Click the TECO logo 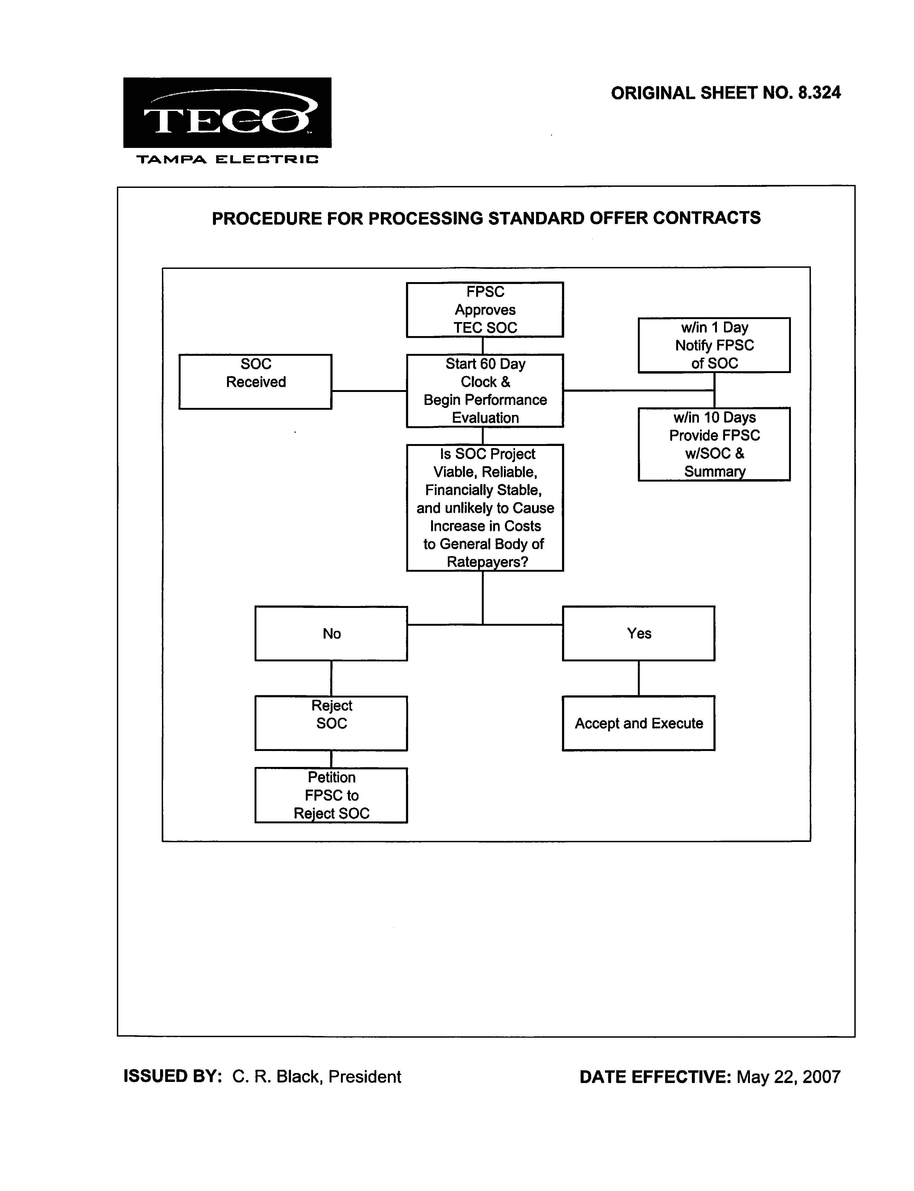227,113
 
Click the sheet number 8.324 819,93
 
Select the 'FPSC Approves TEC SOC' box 485,310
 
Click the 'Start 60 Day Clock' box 485,391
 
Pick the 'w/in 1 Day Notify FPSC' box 714,345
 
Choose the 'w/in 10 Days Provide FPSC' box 714,444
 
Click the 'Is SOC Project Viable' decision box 485,507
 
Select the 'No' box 331,633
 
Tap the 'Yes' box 639,633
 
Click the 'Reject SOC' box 331,723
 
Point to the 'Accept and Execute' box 639,723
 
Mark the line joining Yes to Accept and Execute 639,678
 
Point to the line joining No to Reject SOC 331,678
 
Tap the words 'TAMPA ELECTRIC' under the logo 227,160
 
